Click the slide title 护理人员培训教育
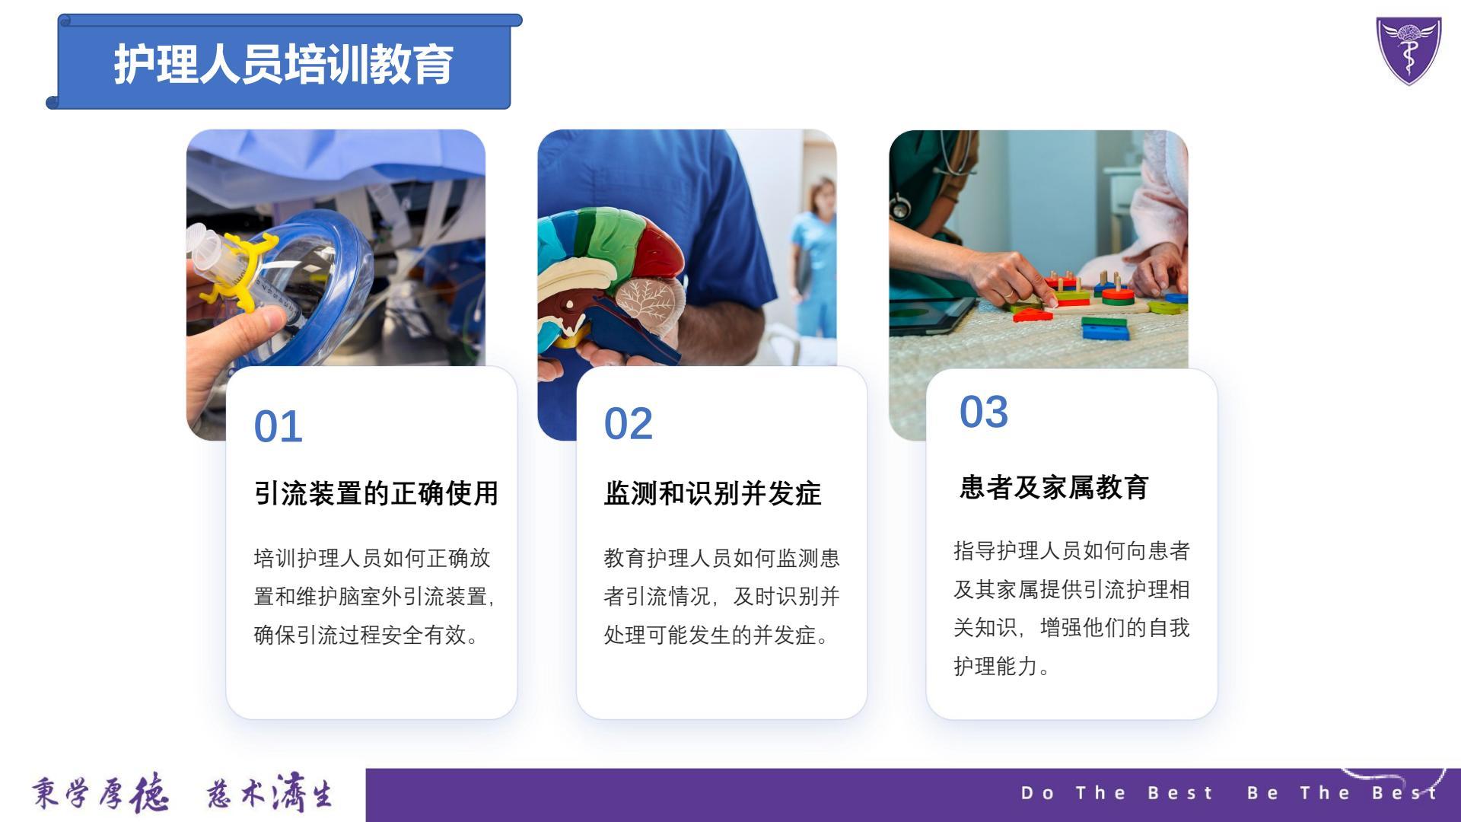point(284,64)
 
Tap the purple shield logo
point(1408,50)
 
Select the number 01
point(278,426)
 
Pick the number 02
point(628,424)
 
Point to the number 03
point(983,412)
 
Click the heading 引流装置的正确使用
point(376,493)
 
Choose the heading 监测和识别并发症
point(712,493)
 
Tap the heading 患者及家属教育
point(1054,487)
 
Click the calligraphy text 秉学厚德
point(100,795)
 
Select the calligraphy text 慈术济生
point(269,795)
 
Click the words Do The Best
point(1116,793)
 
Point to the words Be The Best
point(1342,793)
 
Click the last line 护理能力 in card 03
point(996,666)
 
